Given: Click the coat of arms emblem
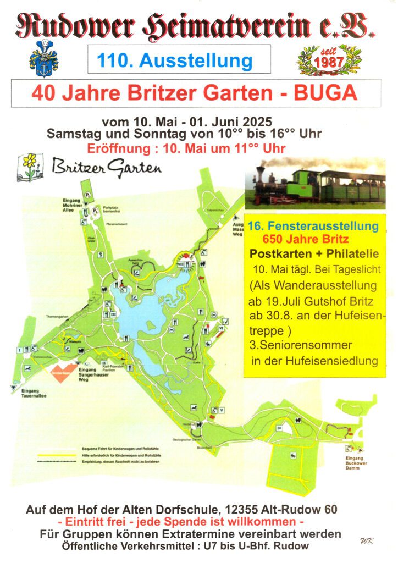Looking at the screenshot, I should pos(43,58).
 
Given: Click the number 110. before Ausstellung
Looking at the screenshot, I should pos(115,59).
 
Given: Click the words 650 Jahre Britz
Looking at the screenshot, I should pos(306,240).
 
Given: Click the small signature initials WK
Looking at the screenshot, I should pos(367,541).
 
